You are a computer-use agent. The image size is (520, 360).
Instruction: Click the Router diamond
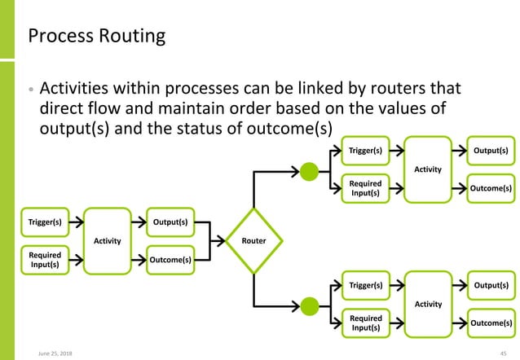tap(254, 240)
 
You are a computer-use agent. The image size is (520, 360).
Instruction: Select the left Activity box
tap(108, 240)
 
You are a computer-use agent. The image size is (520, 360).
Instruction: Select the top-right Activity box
tap(428, 169)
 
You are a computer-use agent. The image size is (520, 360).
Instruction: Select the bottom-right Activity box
tap(428, 304)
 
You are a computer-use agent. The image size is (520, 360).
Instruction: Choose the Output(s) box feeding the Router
tap(170, 222)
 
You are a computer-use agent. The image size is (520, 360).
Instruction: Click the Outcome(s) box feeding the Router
tap(170, 259)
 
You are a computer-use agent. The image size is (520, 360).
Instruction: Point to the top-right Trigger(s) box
tap(365, 151)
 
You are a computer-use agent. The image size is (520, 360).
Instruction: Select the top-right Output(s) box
tap(492, 151)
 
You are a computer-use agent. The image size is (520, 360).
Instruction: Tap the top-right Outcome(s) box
tap(492, 188)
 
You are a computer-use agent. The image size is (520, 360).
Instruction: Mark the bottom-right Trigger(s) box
tap(365, 285)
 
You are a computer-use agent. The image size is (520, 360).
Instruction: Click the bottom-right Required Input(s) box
tap(365, 323)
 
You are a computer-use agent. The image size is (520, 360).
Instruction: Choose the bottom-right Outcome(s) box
tap(492, 323)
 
